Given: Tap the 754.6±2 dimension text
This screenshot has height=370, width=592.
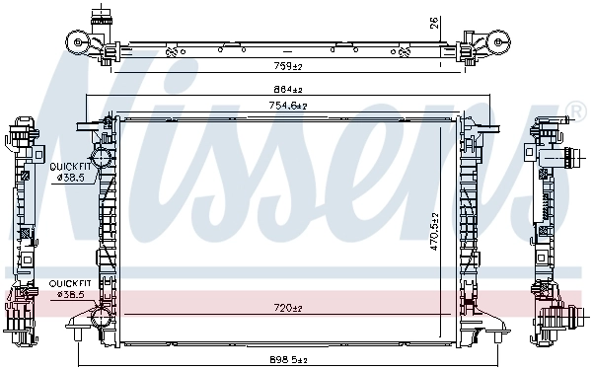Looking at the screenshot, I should [x=288, y=105].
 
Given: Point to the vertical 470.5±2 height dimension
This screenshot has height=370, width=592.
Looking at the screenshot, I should [x=431, y=232].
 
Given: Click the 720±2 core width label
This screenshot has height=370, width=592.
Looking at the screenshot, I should [x=288, y=309].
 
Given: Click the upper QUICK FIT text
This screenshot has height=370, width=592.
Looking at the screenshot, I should [x=70, y=167].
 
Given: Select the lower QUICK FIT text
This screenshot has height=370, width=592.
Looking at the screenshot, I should [x=70, y=283].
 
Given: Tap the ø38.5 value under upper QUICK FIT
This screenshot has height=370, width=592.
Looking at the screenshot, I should [x=72, y=178].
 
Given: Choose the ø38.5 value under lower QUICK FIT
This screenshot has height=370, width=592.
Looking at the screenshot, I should [x=72, y=294].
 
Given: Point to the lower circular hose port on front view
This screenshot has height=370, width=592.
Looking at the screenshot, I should [x=101, y=317].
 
